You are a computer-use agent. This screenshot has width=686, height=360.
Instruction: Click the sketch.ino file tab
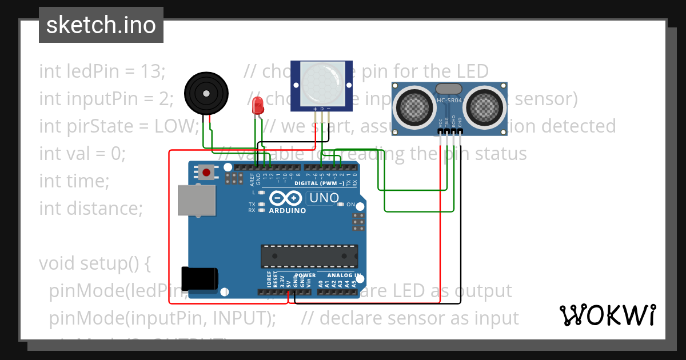point(101,25)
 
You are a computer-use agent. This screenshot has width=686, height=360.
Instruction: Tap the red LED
point(258,105)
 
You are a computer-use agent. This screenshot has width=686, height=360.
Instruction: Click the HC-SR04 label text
point(449,101)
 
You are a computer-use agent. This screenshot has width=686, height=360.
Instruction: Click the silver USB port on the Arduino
point(197,200)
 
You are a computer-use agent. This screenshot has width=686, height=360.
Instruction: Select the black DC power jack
point(198,278)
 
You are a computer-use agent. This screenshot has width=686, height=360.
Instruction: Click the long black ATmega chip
point(309,256)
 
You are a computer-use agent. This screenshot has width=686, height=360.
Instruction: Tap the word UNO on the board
point(323,199)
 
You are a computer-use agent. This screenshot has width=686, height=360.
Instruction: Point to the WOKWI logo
point(607,315)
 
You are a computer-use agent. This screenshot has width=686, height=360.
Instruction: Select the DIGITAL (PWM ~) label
point(320,183)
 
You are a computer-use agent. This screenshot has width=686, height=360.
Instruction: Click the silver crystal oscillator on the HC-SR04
point(449,89)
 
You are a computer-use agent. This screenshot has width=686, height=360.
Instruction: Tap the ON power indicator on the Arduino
point(350,205)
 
